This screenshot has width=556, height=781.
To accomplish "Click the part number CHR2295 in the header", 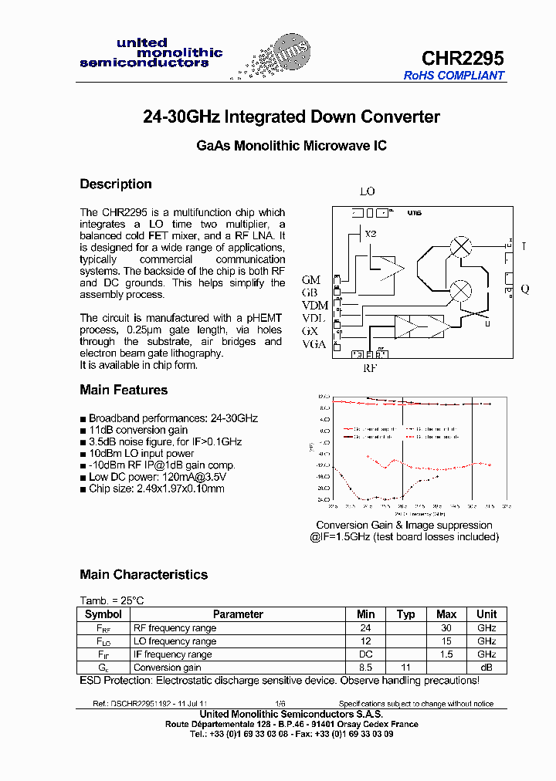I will pyautogui.click(x=462, y=58).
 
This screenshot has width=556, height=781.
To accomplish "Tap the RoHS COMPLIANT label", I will pyautogui.click(x=454, y=76).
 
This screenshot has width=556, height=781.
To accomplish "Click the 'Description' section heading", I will pyautogui.click(x=116, y=184).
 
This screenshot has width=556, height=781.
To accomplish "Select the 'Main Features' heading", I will pyautogui.click(x=124, y=390).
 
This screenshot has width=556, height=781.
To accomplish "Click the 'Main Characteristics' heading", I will pyautogui.click(x=144, y=575).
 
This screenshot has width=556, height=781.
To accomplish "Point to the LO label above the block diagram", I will pyautogui.click(x=368, y=191).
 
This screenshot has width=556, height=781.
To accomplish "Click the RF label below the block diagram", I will pyautogui.click(x=371, y=368).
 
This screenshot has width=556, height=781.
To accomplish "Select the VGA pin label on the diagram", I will pyautogui.click(x=314, y=344).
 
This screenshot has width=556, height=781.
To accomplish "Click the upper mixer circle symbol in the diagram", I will pyautogui.click(x=461, y=247).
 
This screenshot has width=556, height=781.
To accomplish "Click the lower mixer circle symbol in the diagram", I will pyautogui.click(x=461, y=290).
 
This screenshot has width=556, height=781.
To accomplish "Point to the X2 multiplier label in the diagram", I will pyautogui.click(x=371, y=233).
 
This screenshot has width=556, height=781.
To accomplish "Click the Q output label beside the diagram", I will pyautogui.click(x=525, y=289).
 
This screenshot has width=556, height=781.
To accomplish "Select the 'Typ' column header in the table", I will pyautogui.click(x=405, y=614).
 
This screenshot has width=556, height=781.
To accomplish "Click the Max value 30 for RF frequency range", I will pyautogui.click(x=446, y=628).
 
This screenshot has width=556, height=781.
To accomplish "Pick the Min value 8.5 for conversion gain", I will pyautogui.click(x=365, y=668).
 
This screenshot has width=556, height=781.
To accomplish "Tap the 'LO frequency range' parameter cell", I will pyautogui.click(x=175, y=641).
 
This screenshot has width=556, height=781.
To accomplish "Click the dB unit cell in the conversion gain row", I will pyautogui.click(x=486, y=668).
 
